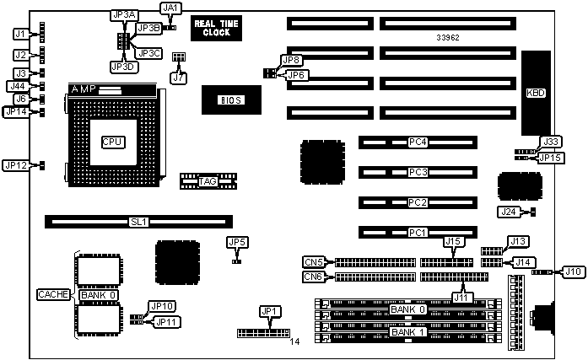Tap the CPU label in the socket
click(x=113, y=142)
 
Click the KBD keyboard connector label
click(x=536, y=93)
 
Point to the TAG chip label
click(x=208, y=181)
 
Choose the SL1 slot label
click(x=138, y=223)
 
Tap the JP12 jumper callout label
click(x=17, y=165)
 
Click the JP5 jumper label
click(x=237, y=243)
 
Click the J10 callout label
click(x=573, y=271)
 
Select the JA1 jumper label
click(x=170, y=8)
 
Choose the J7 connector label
click(x=177, y=78)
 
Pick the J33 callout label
click(x=550, y=141)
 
